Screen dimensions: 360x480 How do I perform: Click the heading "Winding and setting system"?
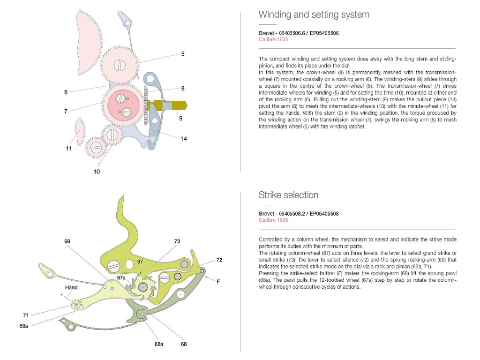point(314,15)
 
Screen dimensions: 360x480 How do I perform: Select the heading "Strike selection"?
point(288,195)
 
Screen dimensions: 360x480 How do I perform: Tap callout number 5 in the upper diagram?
point(183,54)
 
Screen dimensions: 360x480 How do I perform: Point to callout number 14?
point(184,139)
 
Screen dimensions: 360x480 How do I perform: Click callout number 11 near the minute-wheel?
point(69,149)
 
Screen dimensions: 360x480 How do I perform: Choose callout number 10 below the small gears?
point(97,172)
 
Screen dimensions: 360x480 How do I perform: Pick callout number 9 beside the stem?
point(180,119)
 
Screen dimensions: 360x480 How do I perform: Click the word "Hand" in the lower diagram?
point(71,287)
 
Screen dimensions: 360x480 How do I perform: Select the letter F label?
point(218,281)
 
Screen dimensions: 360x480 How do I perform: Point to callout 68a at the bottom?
point(159,344)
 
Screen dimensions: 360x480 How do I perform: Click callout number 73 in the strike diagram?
point(177,241)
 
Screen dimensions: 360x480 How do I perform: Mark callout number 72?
point(219,259)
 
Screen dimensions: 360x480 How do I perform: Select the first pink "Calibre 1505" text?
point(273,39)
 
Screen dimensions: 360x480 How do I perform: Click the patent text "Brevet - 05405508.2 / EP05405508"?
point(299,214)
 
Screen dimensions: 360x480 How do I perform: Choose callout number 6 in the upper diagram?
point(66,92)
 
